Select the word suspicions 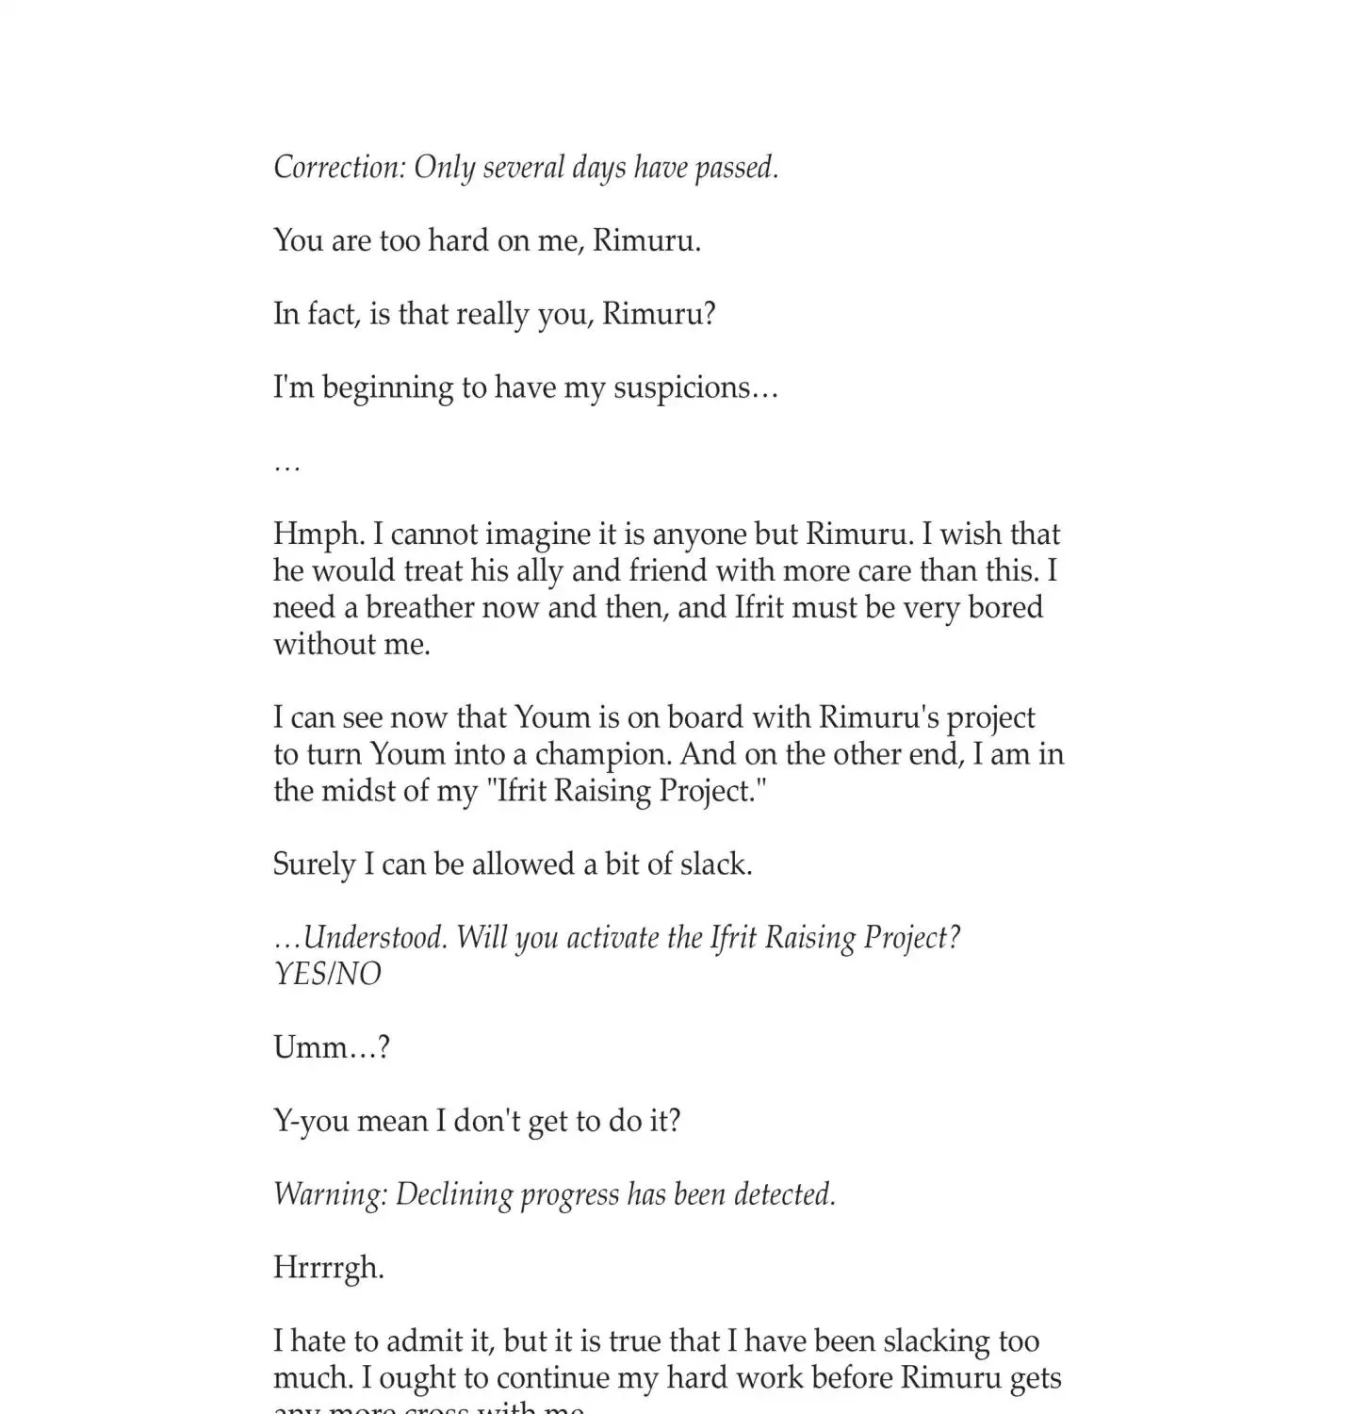pyautogui.click(x=695, y=387)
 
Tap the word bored pyautogui.click(x=1005, y=607)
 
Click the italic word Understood pyautogui.click(x=375, y=938)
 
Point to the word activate pyautogui.click(x=601, y=938)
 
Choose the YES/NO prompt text pyautogui.click(x=327, y=974)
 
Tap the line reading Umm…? pyautogui.click(x=332, y=1047)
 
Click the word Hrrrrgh pyautogui.click(x=328, y=1268)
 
